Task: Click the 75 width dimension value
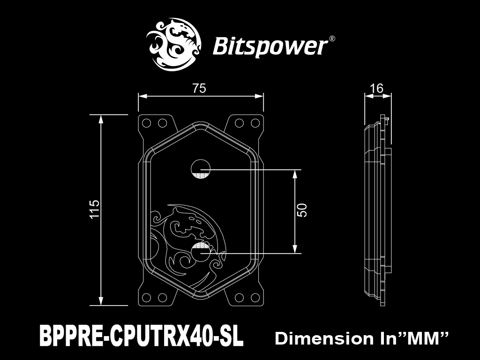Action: [199, 88]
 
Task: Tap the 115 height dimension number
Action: [95, 209]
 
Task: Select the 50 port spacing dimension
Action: [302, 210]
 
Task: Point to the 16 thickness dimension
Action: [376, 88]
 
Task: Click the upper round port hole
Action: [201, 169]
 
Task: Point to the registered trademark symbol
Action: [332, 39]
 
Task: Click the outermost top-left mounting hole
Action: [147, 123]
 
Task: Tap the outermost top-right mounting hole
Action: [255, 123]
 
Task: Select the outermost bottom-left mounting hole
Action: [147, 297]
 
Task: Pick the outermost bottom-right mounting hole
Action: [255, 297]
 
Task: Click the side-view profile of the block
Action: [378, 210]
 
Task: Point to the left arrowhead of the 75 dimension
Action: [142, 97]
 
